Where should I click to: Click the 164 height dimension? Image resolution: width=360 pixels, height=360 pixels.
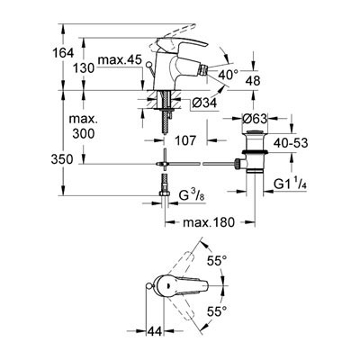63,53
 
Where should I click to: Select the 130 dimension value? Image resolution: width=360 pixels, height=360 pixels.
84,68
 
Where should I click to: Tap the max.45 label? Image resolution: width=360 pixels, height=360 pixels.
120,60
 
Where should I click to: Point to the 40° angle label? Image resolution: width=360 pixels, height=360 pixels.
229,75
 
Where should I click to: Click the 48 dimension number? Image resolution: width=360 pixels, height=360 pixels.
253,81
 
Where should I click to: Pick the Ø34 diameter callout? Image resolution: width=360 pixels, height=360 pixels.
204,103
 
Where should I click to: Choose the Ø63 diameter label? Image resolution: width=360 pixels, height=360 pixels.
255,119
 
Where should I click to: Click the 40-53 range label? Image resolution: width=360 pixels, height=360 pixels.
291,143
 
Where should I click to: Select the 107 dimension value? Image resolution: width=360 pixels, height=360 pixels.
186,140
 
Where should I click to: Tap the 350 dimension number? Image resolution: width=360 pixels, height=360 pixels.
62,159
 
